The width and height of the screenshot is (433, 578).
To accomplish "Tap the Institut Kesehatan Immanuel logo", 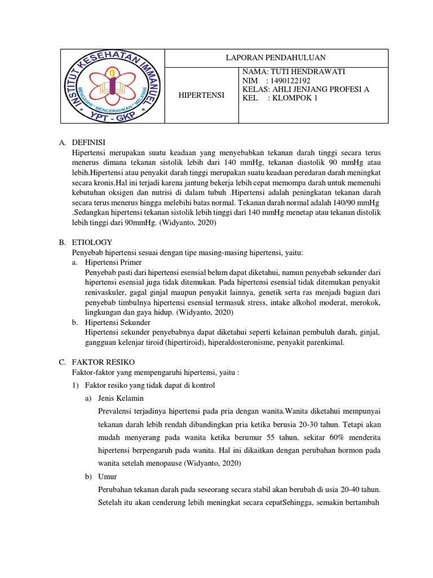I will (x=112, y=86).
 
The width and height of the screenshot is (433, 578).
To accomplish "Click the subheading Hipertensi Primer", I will (x=113, y=262).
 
